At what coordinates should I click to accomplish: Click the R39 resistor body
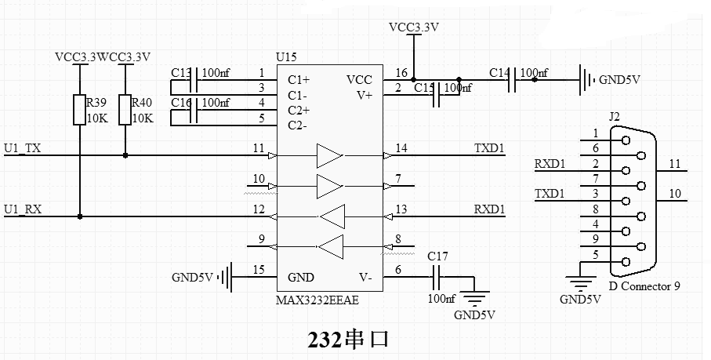79,110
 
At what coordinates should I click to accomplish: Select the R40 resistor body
125,110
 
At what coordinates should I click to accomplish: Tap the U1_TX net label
23,148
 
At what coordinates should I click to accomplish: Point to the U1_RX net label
23,209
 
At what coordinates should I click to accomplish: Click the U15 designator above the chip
286,57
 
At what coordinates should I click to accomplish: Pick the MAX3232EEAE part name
317,300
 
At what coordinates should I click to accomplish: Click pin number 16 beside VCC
401,72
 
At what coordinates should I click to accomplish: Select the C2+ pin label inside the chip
299,110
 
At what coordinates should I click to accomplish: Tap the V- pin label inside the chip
365,277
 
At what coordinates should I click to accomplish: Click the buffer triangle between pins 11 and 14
330,155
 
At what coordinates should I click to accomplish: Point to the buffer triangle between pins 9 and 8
331,247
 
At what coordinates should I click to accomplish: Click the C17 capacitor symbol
436,277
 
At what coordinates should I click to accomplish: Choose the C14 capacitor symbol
511,80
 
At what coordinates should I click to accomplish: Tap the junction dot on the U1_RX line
80,216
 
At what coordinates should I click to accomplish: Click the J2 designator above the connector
614,117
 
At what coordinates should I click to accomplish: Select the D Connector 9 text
644,286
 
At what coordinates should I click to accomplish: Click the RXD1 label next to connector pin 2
550,164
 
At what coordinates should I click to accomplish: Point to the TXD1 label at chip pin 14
489,148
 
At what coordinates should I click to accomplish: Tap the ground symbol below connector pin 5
581,284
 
